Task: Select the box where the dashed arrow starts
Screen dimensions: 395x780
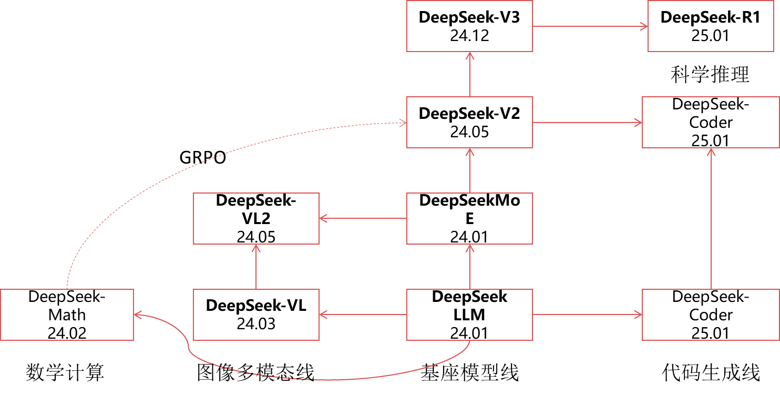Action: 67,315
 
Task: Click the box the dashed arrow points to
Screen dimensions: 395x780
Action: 469,122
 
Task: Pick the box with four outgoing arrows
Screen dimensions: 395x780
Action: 469,315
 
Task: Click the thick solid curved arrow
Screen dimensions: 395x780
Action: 315,379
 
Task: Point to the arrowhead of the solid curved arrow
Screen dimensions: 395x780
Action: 137,315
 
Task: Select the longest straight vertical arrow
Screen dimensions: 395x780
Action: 711,218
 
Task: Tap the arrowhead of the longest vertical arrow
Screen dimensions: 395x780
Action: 711,151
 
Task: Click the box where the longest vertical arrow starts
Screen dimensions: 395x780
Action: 711,315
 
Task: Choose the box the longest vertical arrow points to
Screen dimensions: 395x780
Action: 711,122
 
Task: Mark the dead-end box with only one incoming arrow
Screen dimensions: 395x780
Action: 711,26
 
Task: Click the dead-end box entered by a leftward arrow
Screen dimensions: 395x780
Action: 256,218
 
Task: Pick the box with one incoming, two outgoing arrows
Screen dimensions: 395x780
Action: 469,218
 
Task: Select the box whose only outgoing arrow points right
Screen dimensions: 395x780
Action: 469,26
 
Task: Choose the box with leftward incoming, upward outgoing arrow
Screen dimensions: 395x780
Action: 256,315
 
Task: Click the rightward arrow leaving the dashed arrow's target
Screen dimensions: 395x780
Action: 587,123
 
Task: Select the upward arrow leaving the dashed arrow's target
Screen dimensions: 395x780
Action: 470,74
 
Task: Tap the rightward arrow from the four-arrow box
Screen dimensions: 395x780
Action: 587,315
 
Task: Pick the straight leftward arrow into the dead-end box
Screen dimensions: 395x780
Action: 363,218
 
